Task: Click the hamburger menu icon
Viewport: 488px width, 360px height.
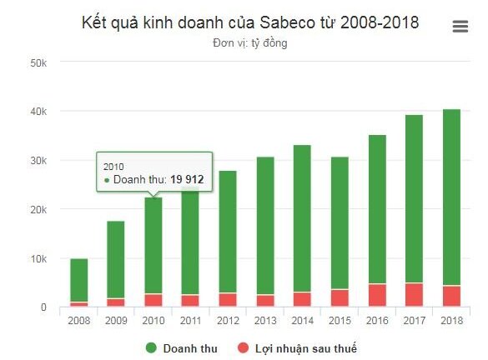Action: click(460, 26)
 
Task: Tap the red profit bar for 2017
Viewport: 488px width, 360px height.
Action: click(414, 295)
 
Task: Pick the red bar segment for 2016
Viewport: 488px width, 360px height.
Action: click(377, 296)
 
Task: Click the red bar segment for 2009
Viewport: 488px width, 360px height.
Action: click(116, 302)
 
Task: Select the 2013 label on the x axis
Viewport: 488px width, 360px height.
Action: click(264, 319)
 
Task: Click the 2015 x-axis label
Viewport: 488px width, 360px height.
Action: click(340, 319)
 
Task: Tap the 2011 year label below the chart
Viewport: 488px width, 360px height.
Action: click(190, 319)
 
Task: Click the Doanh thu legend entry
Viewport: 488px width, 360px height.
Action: click(186, 347)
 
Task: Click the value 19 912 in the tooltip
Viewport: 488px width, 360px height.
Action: click(187, 179)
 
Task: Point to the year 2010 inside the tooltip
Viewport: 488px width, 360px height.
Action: click(113, 166)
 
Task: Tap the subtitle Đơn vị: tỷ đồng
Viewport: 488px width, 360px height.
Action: click(249, 42)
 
